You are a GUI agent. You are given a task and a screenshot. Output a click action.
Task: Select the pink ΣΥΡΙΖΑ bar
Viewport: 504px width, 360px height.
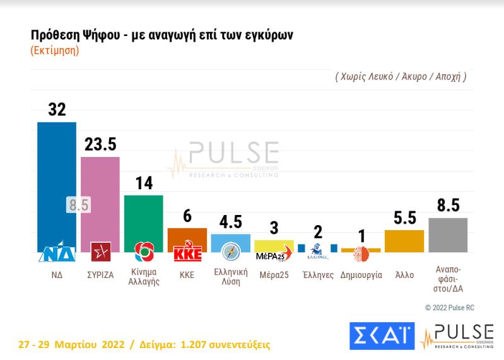100,195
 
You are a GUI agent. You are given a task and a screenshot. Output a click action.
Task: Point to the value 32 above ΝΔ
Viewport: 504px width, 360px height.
57,110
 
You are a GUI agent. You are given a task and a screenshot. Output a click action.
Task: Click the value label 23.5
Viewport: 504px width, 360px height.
100,144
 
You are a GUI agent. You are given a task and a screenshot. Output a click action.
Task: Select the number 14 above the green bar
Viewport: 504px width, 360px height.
144,183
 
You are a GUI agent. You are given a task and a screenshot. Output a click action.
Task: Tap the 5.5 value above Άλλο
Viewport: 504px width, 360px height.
404,218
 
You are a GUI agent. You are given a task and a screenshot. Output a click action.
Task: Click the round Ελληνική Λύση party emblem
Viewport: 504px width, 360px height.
230,252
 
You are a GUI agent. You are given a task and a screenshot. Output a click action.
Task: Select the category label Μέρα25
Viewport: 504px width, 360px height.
274,276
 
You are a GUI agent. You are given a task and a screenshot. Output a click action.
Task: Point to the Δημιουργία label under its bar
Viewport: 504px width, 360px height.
361,276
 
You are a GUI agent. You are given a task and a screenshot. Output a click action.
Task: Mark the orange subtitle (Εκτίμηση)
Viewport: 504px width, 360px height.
55,51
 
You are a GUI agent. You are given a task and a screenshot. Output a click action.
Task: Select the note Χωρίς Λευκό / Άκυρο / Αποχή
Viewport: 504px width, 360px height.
401,77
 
